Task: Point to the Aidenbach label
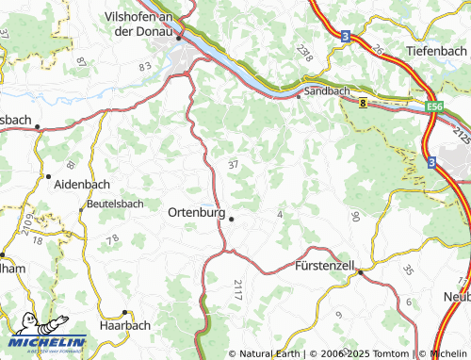coord(83,184)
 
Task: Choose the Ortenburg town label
coord(195,213)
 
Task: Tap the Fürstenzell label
coord(324,267)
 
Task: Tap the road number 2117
coord(236,290)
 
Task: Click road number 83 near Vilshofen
coord(144,67)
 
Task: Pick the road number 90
coord(355,217)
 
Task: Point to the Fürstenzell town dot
coord(360,270)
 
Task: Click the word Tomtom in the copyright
coord(390,353)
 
